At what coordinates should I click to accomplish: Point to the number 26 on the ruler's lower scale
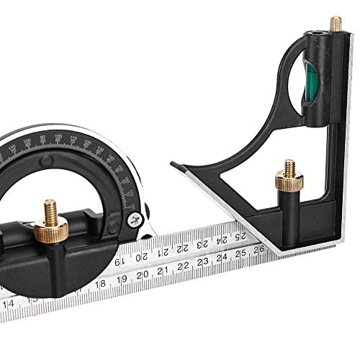(x=257, y=252)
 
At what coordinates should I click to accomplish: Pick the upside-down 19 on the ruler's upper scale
(x=124, y=260)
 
